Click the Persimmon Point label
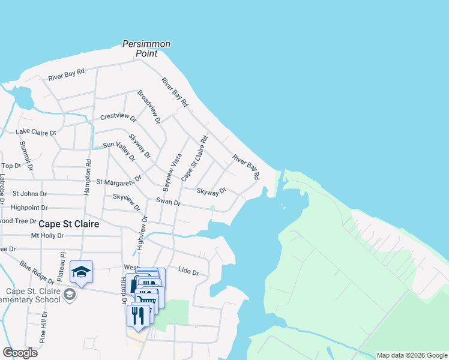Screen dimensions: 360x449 click(x=146, y=49)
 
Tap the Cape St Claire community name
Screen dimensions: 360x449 click(x=68, y=223)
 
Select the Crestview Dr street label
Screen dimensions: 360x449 click(x=118, y=116)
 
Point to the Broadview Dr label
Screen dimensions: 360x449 click(x=149, y=107)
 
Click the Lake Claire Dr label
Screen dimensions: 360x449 click(x=36, y=132)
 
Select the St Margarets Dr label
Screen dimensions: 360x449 click(x=118, y=180)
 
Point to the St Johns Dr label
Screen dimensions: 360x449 click(x=29, y=193)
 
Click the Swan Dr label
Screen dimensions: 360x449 click(x=168, y=202)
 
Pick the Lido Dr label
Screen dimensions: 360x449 click(x=188, y=272)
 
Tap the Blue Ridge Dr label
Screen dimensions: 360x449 click(x=36, y=272)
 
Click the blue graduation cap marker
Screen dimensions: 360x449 click(x=81, y=272)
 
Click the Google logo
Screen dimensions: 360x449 click(x=20, y=352)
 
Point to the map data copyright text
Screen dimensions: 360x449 click(x=411, y=355)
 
